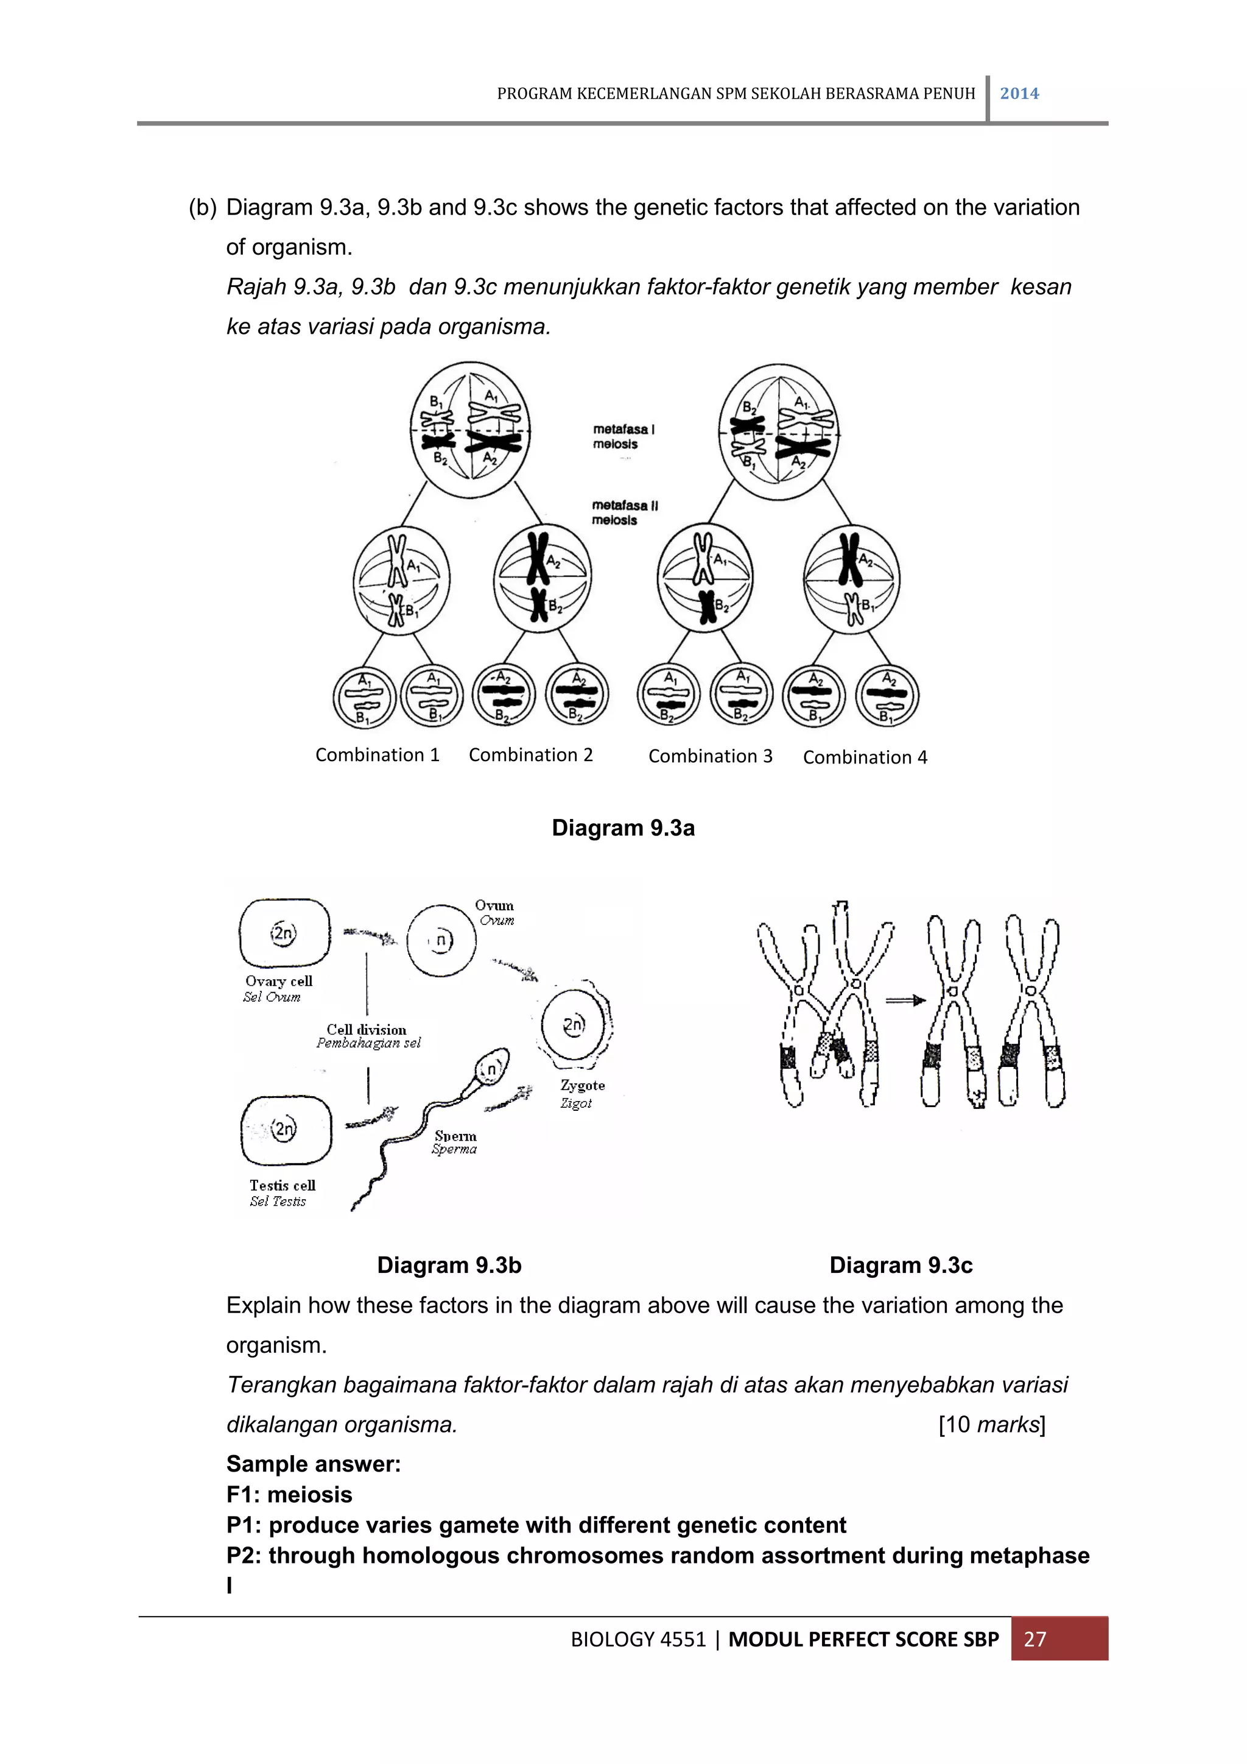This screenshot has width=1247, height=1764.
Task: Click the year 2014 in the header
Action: (1019, 94)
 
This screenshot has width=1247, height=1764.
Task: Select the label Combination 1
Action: (377, 755)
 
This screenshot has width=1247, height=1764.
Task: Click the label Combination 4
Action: (865, 757)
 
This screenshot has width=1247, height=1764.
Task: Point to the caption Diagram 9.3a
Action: (623, 828)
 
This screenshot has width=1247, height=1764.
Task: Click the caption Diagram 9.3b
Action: (449, 1266)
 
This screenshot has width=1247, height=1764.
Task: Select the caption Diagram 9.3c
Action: (901, 1266)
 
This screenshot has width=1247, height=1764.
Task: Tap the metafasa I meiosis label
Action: (623, 436)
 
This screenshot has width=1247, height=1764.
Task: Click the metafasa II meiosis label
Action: (623, 512)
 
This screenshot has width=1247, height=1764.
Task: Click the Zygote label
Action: (582, 1086)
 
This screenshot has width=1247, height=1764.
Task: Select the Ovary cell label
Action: (279, 981)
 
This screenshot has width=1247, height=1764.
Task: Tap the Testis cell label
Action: (282, 1186)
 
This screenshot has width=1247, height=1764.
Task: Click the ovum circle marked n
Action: (441, 940)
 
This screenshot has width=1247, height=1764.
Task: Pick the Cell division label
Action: (367, 1030)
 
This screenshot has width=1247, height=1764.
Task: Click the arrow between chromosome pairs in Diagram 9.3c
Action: (905, 1001)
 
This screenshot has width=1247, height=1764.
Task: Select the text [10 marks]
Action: (991, 1425)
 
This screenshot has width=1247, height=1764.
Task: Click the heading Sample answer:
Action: (314, 1464)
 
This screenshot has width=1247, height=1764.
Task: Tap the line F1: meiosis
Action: (289, 1494)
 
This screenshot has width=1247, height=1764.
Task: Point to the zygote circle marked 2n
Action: (574, 1025)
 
